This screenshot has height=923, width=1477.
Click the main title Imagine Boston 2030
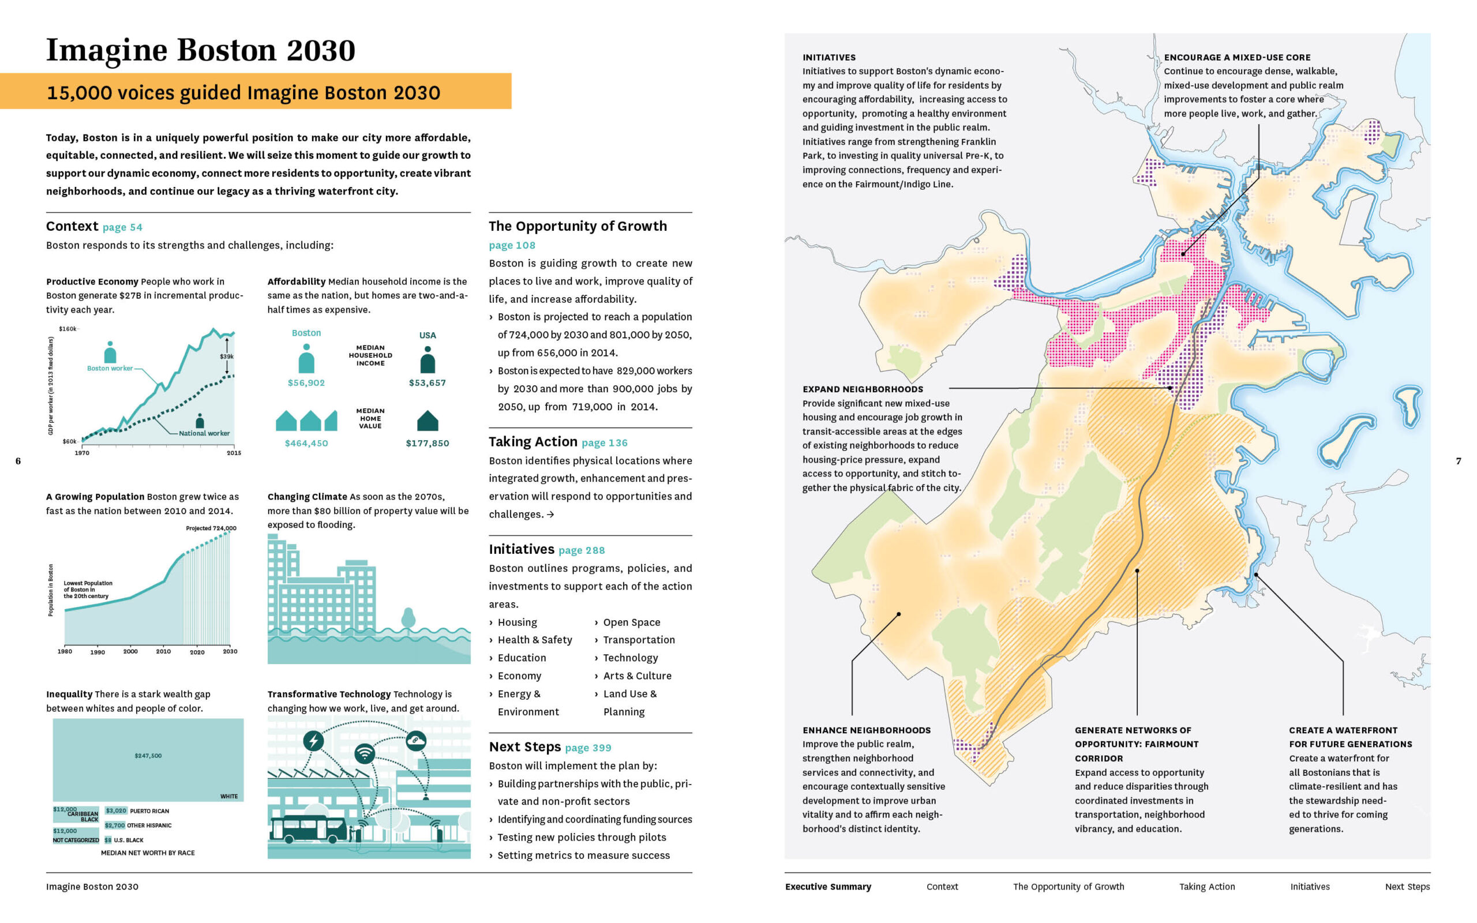[x=200, y=50]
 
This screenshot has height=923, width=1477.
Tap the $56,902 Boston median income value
[x=306, y=382]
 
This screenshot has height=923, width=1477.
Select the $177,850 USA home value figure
[x=427, y=443]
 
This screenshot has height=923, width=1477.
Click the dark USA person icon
[x=427, y=360]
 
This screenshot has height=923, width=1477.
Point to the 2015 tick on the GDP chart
[x=234, y=452]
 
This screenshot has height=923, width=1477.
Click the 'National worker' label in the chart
[x=204, y=433]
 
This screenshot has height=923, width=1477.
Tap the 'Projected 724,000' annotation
[x=211, y=528]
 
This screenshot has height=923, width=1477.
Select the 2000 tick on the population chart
[x=130, y=651]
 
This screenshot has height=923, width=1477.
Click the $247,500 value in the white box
[x=148, y=756]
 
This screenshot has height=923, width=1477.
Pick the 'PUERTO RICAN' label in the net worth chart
[x=149, y=811]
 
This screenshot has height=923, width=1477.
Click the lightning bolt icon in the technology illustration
[x=314, y=741]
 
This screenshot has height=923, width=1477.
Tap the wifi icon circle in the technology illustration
[x=365, y=753]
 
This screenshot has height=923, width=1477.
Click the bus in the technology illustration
[x=308, y=830]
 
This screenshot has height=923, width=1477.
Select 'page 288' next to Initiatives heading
[x=581, y=550]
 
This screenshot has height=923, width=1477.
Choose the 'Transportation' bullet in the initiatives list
[x=639, y=640]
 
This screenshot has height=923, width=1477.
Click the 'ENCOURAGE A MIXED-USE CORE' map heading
[x=1236, y=57]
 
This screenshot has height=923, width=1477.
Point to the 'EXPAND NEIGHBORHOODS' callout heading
[x=863, y=389]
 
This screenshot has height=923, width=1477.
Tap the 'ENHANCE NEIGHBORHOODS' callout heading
[x=866, y=730]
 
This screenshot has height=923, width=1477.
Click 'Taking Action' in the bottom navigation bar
[x=1206, y=887]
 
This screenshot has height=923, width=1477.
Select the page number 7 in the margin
[x=1459, y=461]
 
